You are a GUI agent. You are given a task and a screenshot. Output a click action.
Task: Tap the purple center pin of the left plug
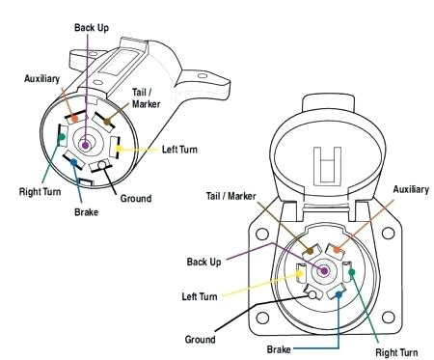pyautogui.click(x=87, y=146)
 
